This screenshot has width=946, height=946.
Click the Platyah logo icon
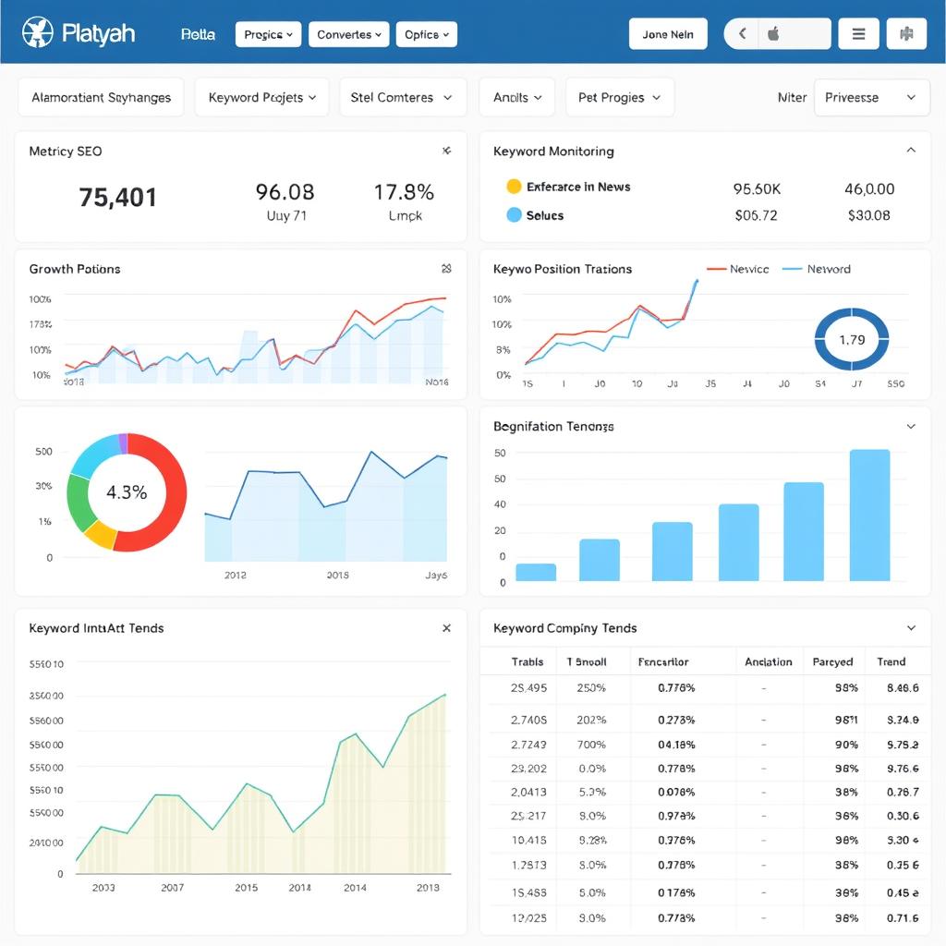[x=38, y=34]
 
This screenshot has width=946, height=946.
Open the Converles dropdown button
[x=349, y=34]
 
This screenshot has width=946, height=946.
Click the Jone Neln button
[x=668, y=34]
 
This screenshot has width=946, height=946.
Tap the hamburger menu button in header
[x=858, y=34]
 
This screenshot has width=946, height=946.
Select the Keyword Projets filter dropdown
[x=262, y=97]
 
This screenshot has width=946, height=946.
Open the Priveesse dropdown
[x=870, y=97]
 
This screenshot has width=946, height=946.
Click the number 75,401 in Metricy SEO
[x=118, y=197]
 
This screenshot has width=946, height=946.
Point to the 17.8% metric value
[x=404, y=192]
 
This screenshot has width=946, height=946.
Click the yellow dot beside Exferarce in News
[x=514, y=187]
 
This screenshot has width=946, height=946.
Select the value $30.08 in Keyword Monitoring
[x=868, y=215]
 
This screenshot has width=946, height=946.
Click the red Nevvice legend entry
[x=738, y=269]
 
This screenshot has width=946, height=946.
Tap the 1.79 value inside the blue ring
[x=852, y=340]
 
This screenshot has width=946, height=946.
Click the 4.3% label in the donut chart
[x=127, y=492]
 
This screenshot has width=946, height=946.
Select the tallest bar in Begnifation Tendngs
[x=869, y=515]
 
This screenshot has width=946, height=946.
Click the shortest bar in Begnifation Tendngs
[x=536, y=572]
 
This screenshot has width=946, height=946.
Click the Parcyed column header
[x=832, y=661]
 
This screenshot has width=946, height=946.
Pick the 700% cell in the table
[x=591, y=744]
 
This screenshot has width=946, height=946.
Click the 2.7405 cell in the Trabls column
[x=528, y=719]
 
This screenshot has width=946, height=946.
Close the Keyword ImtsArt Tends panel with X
[x=446, y=628]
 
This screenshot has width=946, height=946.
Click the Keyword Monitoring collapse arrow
[x=911, y=151]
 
